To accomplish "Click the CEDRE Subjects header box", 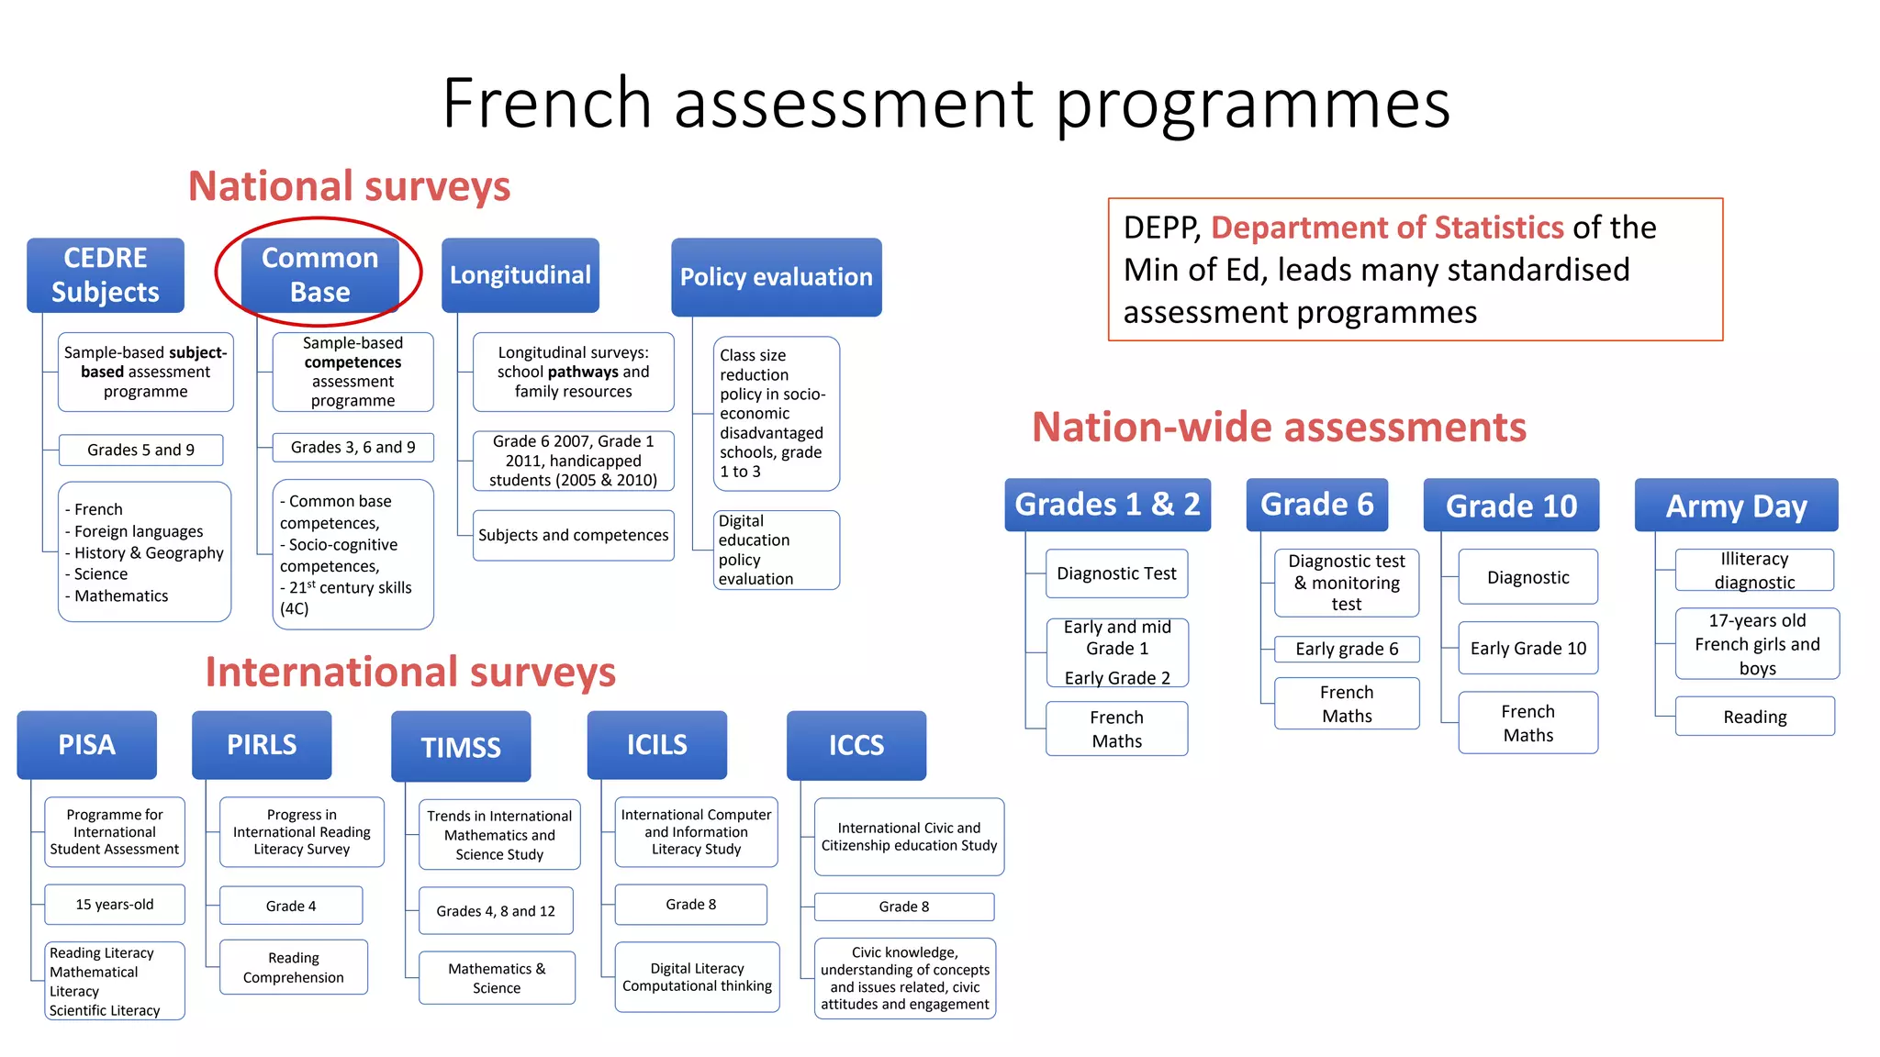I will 106,274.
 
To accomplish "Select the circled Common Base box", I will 319,274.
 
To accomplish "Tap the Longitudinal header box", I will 520,274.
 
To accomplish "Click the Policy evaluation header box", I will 776,276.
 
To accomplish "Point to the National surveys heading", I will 349,186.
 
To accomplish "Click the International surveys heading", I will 410,672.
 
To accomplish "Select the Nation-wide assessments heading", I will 1279,428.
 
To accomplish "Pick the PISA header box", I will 87,744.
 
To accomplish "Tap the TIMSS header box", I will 461,747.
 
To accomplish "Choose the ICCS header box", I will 856,745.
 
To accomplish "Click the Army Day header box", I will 1736,506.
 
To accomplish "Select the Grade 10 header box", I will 1511,506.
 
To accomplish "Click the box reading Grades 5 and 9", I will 140,450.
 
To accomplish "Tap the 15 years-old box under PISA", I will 115,905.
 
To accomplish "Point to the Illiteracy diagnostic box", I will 1754,570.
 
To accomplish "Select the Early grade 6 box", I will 1347,649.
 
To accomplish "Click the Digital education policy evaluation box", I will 776,550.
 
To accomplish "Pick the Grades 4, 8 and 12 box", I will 496,911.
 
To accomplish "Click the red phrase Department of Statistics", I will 1387,228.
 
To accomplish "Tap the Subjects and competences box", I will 573,535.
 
